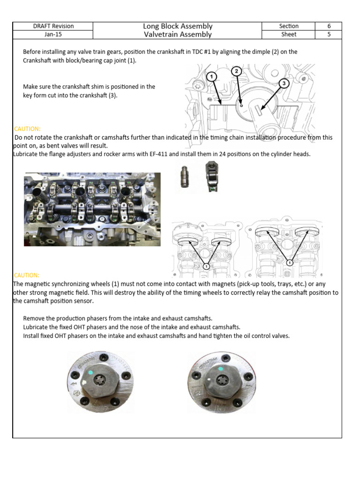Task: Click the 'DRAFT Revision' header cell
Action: pyautogui.click(x=52, y=26)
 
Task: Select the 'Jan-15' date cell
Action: pyautogui.click(x=52, y=34)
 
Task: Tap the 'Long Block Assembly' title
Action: pyautogui.click(x=178, y=26)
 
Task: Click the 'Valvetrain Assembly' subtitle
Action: pyautogui.click(x=178, y=34)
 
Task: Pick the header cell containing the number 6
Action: pyautogui.click(x=328, y=26)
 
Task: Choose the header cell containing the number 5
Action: pyautogui.click(x=328, y=34)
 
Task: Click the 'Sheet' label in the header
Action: pyautogui.click(x=289, y=34)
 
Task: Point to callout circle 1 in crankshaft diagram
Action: pyautogui.click(x=211, y=76)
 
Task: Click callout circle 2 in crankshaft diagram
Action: pyautogui.click(x=237, y=71)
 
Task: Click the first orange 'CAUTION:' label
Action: pyautogui.click(x=28, y=128)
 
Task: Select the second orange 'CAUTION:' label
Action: pyautogui.click(x=27, y=275)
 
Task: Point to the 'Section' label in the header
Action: pyautogui.click(x=289, y=26)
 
